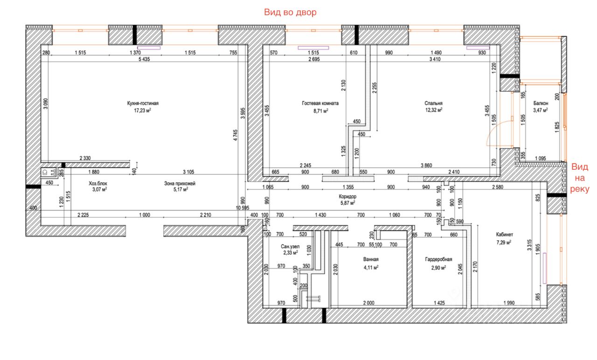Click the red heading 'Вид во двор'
(290, 12)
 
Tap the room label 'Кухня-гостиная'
(143, 104)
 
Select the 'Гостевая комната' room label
(320, 104)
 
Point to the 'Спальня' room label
(434, 104)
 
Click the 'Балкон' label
(541, 104)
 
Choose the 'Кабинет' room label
(505, 235)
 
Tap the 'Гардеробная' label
(439, 259)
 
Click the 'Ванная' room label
(371, 259)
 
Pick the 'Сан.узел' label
(290, 247)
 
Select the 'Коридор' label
(347, 197)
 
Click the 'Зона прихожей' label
(180, 184)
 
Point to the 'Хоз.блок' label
(98, 184)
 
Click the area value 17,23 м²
(143, 111)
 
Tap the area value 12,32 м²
(434, 110)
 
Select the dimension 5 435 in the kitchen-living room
(144, 59)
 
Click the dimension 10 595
(243, 208)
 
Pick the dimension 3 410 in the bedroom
(435, 59)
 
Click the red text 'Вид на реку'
(580, 178)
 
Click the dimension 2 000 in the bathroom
(368, 303)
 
